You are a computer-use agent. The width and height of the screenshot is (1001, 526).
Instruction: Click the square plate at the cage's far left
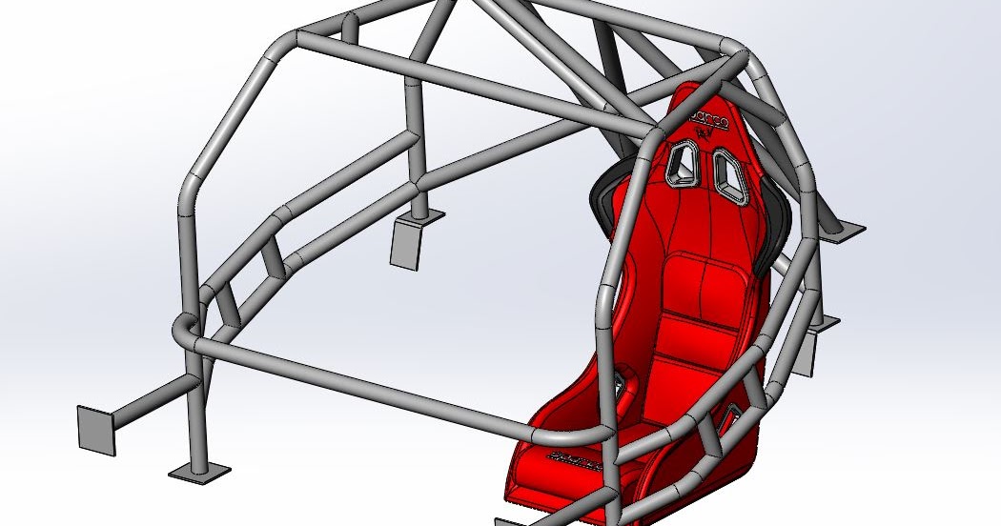pyautogui.click(x=97, y=428)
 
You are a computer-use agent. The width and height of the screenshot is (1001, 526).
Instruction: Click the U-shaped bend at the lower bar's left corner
pyautogui.click(x=182, y=334)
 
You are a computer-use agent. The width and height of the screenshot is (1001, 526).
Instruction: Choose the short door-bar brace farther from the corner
pyautogui.click(x=274, y=255)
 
